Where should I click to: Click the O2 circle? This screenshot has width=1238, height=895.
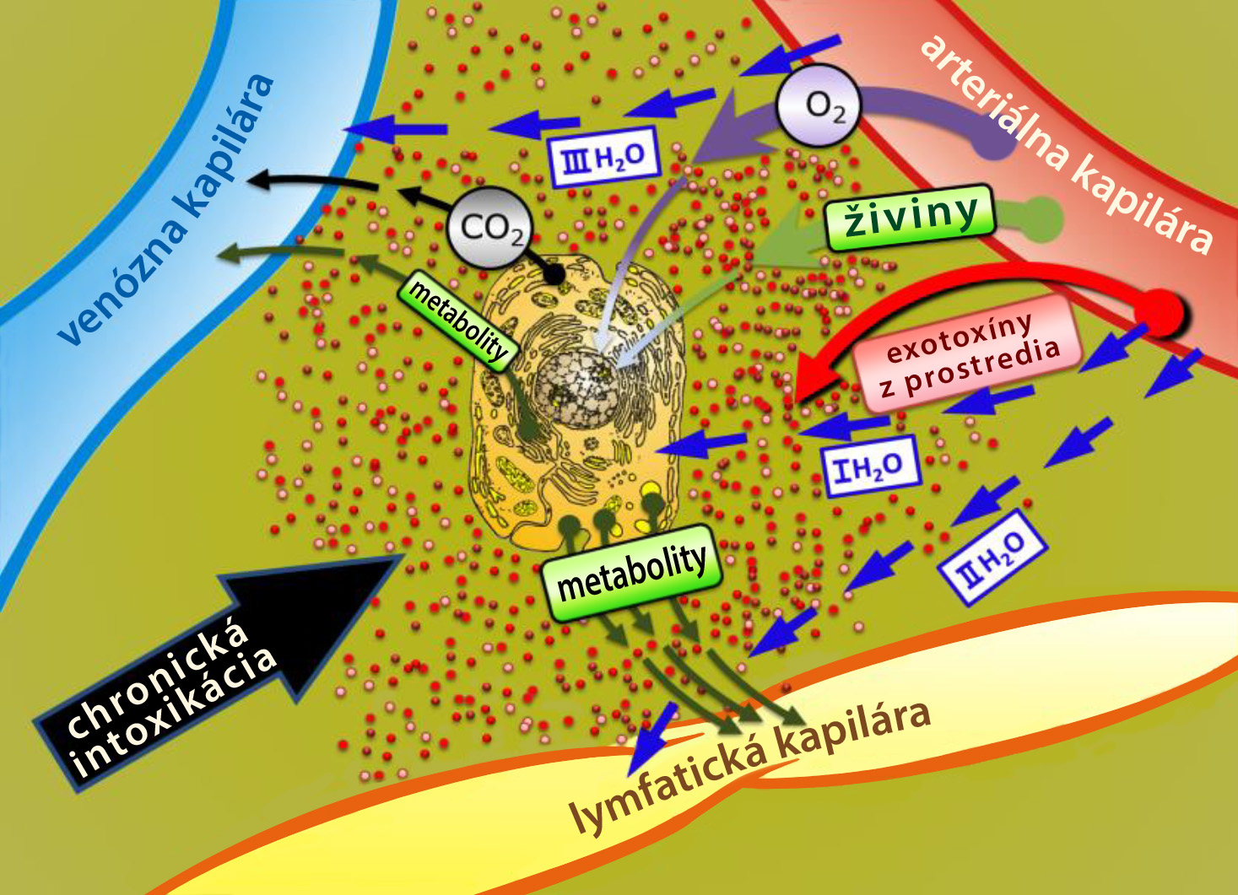click(819, 105)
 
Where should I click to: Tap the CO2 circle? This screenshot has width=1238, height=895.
click(488, 228)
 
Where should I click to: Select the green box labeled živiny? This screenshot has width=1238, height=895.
click(911, 218)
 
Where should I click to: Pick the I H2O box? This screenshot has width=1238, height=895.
click(871, 466)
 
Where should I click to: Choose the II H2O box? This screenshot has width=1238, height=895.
click(993, 557)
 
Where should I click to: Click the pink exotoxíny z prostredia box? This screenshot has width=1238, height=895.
click(967, 353)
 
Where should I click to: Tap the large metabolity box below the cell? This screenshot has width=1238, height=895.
click(632, 572)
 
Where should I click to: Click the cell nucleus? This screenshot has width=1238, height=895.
click(575, 390)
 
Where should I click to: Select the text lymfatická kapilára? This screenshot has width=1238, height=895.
click(752, 774)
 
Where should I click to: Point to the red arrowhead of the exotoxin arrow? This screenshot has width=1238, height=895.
click(818, 375)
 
